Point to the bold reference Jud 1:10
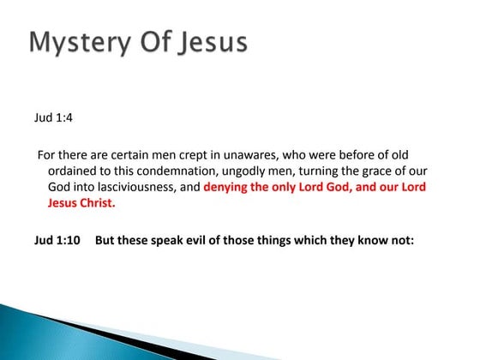(x=57, y=241)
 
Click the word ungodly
(x=249, y=171)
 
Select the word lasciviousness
(x=128, y=188)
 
